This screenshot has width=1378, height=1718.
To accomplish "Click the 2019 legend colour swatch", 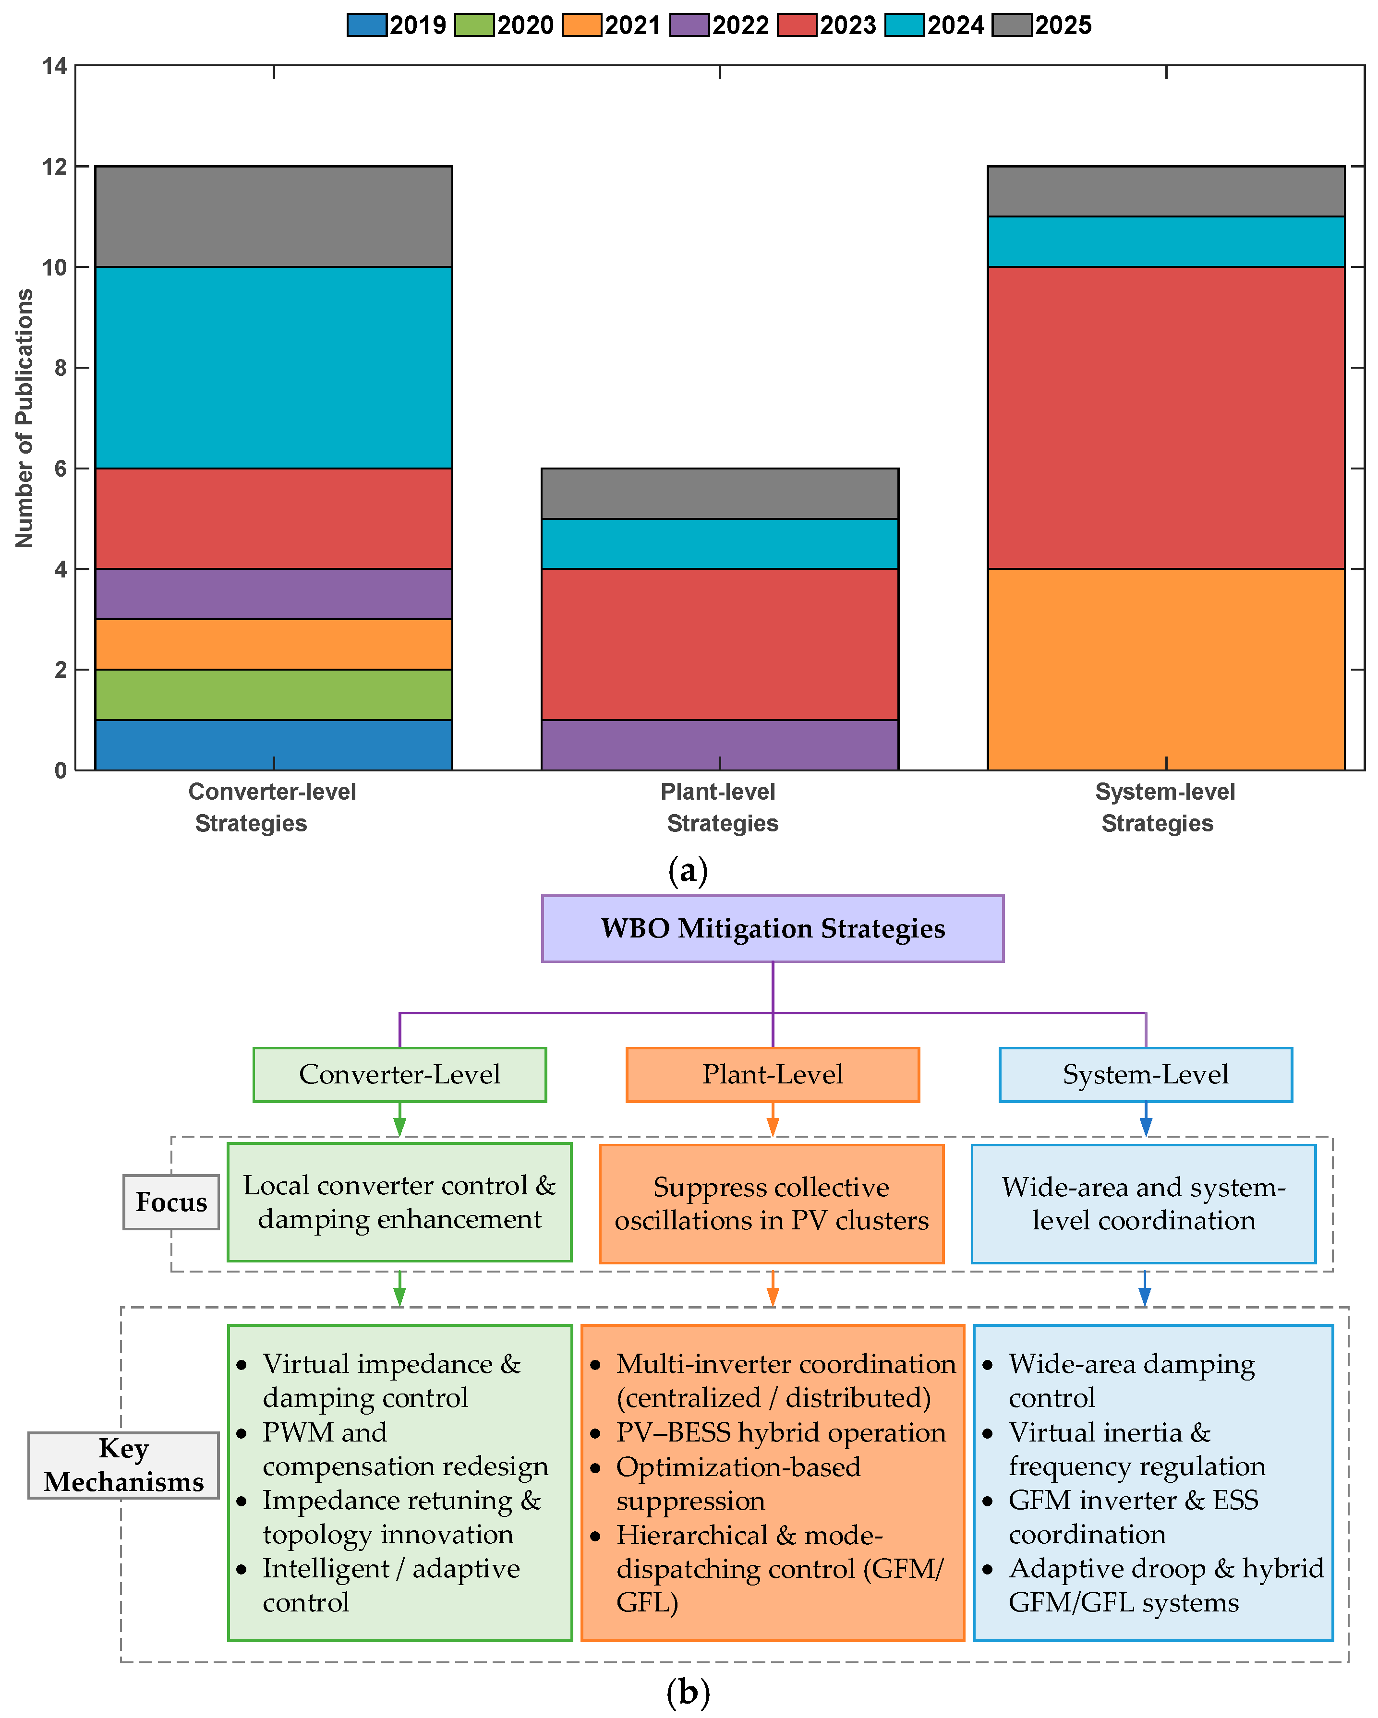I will click(367, 24).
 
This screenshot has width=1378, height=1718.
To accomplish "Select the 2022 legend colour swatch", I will click(689, 24).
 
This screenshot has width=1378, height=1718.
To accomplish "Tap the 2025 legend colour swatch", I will click(1012, 24).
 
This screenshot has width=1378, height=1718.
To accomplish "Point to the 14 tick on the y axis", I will click(55, 66).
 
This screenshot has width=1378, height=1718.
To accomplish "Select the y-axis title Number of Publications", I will click(24, 419).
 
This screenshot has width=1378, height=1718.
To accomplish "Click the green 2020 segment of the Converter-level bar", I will click(273, 694).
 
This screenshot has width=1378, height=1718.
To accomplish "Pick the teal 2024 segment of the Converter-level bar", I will click(273, 367).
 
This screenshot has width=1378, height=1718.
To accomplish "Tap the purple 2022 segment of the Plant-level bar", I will click(720, 744).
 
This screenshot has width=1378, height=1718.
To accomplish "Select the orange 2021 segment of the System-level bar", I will click(1165, 669).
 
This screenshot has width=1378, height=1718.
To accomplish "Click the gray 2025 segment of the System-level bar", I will click(1165, 191).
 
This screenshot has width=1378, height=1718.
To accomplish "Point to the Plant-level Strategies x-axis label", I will click(720, 807).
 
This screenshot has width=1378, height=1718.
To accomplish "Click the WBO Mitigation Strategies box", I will click(772, 928).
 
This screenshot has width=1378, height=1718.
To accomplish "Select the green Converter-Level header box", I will click(399, 1074).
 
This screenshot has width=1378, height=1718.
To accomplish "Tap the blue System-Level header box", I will click(1145, 1074).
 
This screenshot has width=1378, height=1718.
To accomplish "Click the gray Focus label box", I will click(170, 1201).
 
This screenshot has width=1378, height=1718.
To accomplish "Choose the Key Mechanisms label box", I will click(123, 1465).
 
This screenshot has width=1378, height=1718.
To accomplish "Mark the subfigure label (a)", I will click(688, 871).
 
